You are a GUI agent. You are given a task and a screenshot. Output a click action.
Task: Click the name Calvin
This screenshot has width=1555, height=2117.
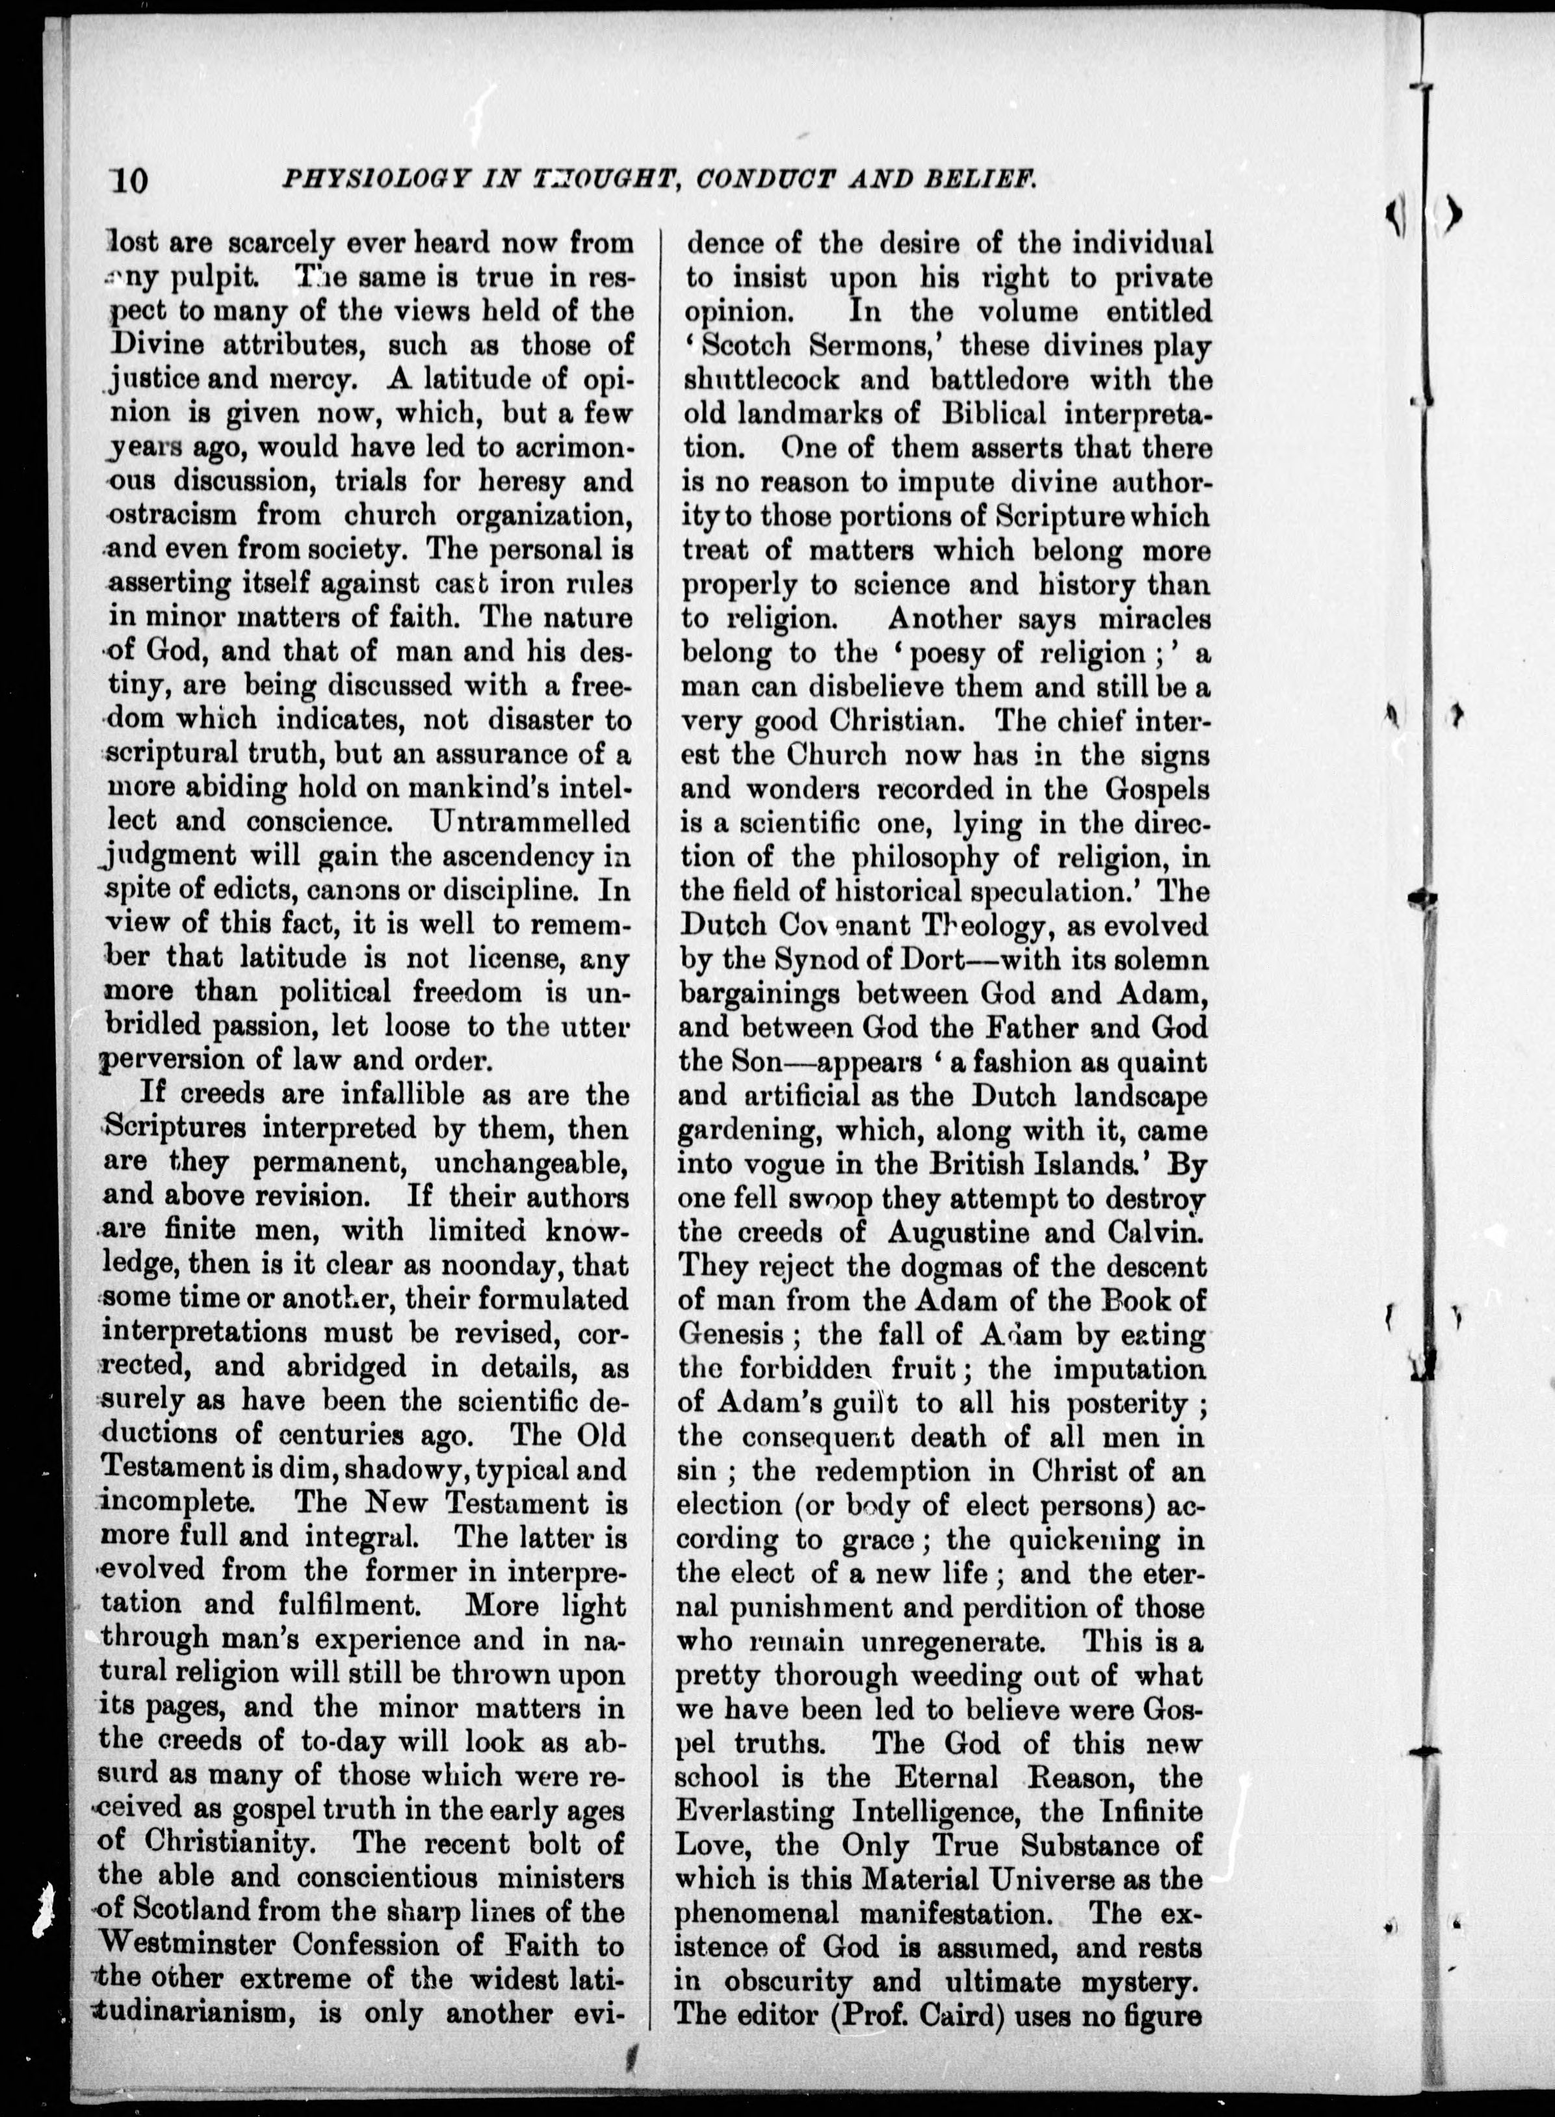pyautogui.click(x=1150, y=1232)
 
